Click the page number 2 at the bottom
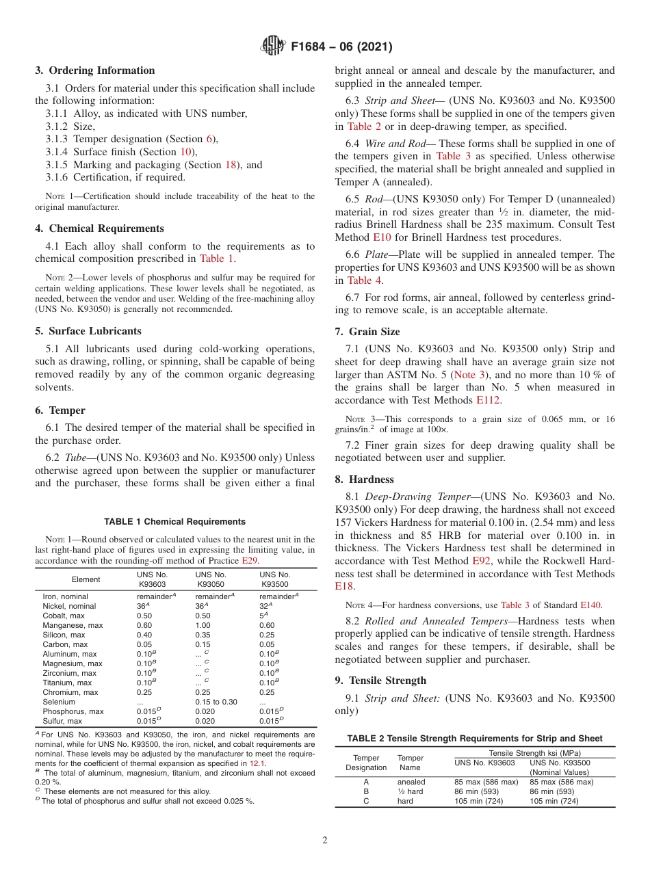pos(324,841)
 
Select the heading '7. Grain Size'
pos(367,332)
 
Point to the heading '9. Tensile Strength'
pos(380,681)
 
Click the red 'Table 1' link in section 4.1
pos(216,259)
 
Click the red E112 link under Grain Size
pos(489,400)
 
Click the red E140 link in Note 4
pos(591,605)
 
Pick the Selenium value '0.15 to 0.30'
pos(216,702)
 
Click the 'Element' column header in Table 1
pos(86,579)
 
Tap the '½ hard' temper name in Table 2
pos(410,791)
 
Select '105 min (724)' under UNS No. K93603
pos(478,801)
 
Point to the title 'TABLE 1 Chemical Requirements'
pos(174,521)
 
